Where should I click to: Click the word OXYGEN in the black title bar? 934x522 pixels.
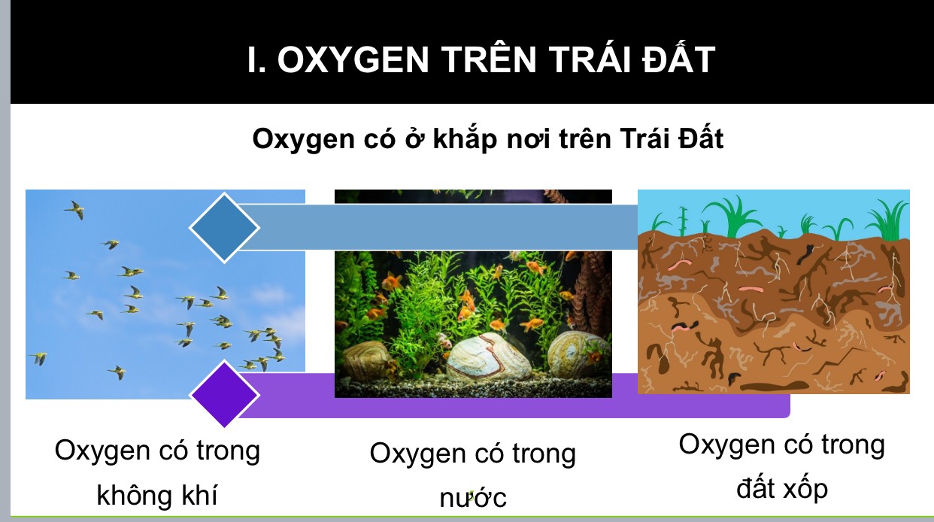tap(353, 60)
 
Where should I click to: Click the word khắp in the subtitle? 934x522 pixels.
tap(465, 139)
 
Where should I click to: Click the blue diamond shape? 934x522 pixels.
tap(224, 228)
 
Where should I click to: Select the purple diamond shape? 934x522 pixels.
tap(224, 394)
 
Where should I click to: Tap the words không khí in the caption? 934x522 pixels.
tap(157, 495)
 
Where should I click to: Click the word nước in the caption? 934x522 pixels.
tap(473, 497)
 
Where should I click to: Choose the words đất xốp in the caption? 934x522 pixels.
tap(782, 488)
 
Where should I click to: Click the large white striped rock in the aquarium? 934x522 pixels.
tap(489, 357)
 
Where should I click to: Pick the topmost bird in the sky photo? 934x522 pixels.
tap(75, 209)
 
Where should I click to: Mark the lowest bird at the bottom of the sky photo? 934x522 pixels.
tap(117, 372)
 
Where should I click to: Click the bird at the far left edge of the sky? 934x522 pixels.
tap(39, 358)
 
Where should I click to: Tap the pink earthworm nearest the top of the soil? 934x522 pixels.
tap(681, 264)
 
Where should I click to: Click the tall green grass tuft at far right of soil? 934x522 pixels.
tap(891, 221)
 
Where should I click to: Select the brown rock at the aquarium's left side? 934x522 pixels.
tap(368, 360)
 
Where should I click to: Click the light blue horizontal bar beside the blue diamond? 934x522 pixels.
tap(438, 227)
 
